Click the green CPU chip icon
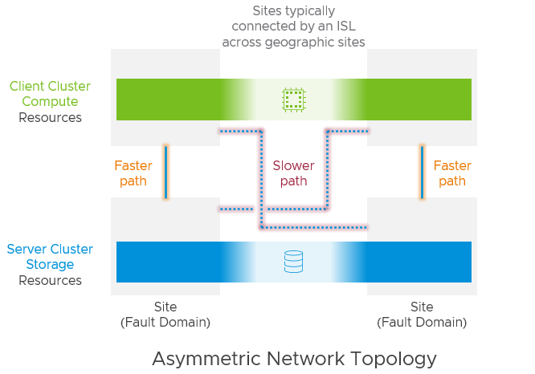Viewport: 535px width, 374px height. click(x=294, y=100)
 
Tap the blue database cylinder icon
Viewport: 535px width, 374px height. click(x=294, y=262)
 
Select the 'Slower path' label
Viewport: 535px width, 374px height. click(x=293, y=173)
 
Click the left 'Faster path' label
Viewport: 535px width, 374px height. click(x=133, y=173)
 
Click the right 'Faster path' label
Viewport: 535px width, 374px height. click(x=452, y=173)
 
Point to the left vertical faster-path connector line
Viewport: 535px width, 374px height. click(x=165, y=172)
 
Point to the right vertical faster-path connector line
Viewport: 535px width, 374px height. click(x=422, y=172)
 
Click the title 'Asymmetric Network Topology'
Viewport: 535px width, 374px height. click(x=294, y=358)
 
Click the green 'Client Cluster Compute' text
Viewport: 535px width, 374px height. click(x=50, y=94)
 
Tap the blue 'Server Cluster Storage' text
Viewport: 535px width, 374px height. click(x=50, y=257)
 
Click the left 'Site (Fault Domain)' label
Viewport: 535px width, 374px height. click(x=165, y=315)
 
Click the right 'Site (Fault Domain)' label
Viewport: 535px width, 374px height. click(x=422, y=315)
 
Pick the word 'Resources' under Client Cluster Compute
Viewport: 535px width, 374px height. click(x=50, y=117)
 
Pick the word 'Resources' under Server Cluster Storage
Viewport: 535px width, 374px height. click(x=50, y=280)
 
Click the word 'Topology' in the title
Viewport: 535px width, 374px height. click(x=394, y=358)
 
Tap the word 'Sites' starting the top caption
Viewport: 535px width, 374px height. click(x=268, y=11)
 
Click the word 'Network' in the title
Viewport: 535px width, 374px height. click(x=304, y=358)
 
